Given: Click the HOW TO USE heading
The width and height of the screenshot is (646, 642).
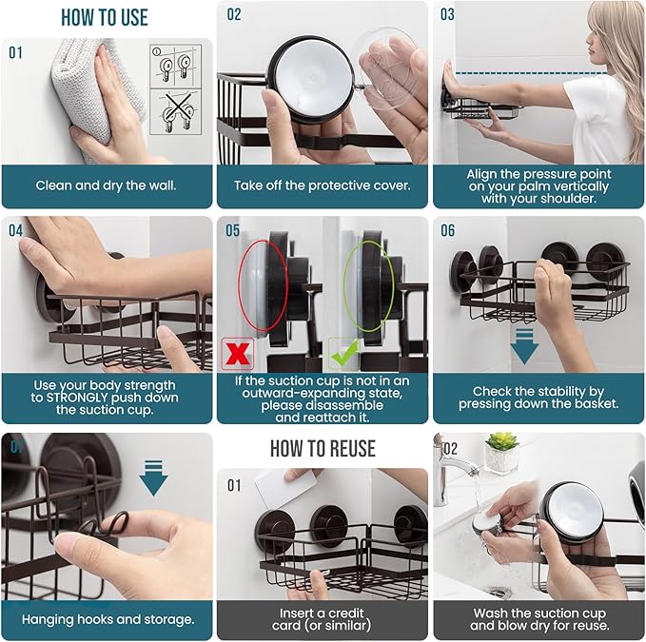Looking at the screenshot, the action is tap(105, 18).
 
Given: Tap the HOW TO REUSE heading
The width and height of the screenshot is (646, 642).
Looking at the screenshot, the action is tap(323, 449).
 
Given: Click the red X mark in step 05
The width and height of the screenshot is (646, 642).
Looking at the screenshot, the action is tap(238, 353).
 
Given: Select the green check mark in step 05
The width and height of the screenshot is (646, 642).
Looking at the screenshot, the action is tap(345, 354).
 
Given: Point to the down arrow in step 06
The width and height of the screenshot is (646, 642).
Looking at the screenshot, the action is tap(524, 346).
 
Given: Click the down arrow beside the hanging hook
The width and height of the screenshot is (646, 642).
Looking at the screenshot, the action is tap(153, 477).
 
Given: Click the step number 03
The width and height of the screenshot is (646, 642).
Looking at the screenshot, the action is tap(447, 14).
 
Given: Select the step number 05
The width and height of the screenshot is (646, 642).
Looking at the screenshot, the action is tap(232, 230).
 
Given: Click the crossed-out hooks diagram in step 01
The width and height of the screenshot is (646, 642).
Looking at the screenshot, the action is tap(176, 111).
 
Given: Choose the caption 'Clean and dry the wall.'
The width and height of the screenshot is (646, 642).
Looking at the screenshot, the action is tap(106, 185).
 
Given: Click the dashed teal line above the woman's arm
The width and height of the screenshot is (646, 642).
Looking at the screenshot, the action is tap(531, 74).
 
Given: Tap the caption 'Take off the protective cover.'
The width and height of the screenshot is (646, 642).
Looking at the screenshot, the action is tap(323, 185).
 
